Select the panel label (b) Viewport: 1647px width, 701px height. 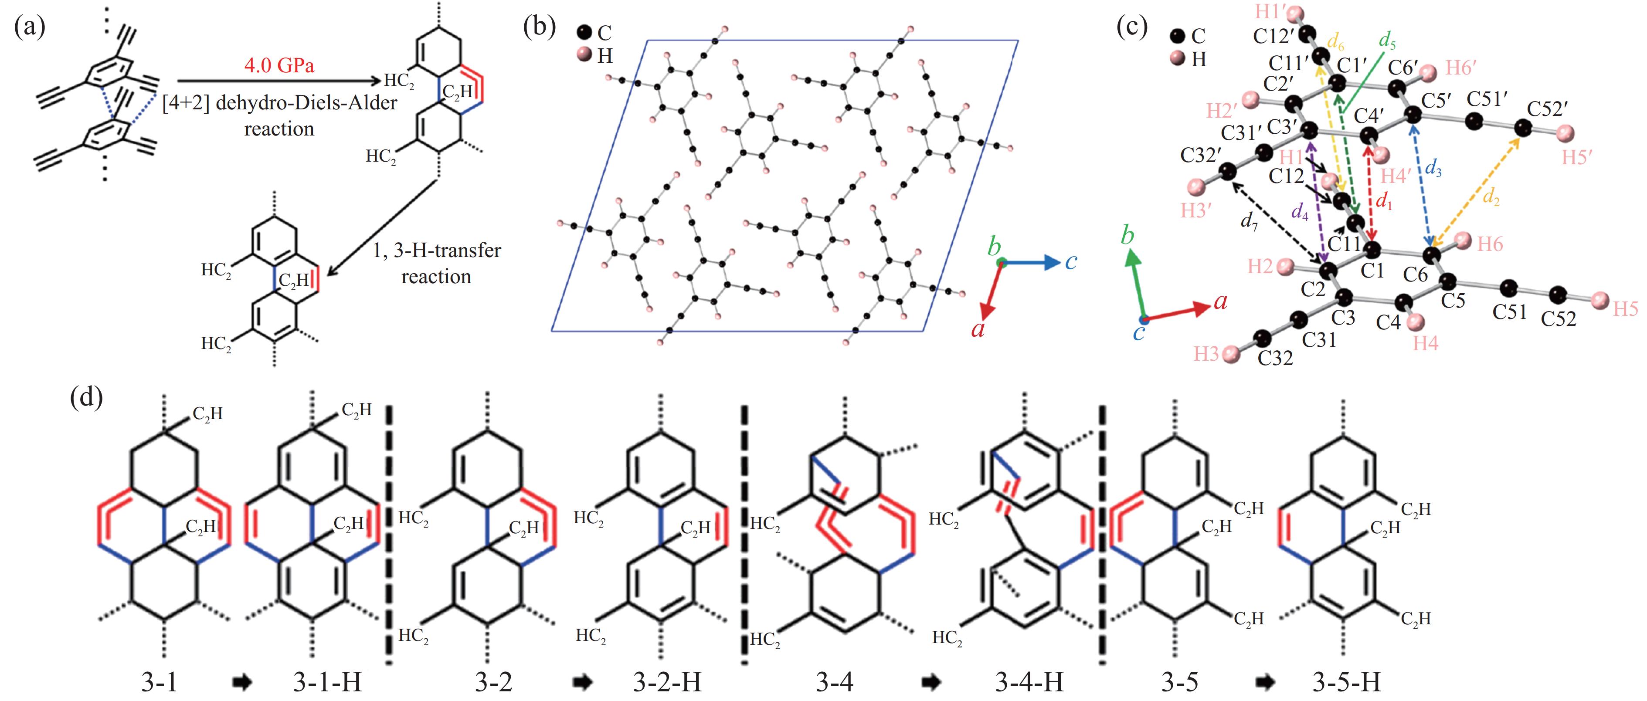[540, 28]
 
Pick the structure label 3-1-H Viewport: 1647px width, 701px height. [327, 682]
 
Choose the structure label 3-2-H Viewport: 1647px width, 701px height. [667, 682]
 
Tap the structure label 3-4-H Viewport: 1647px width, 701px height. [1029, 682]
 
